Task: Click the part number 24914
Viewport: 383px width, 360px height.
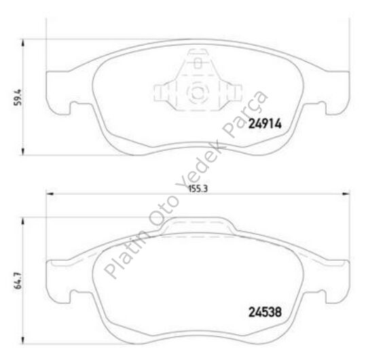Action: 264,124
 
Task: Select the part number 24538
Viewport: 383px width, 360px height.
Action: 264,314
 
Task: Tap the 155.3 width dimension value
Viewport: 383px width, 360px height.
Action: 196,189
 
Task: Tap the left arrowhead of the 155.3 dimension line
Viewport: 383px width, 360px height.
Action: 50,195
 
